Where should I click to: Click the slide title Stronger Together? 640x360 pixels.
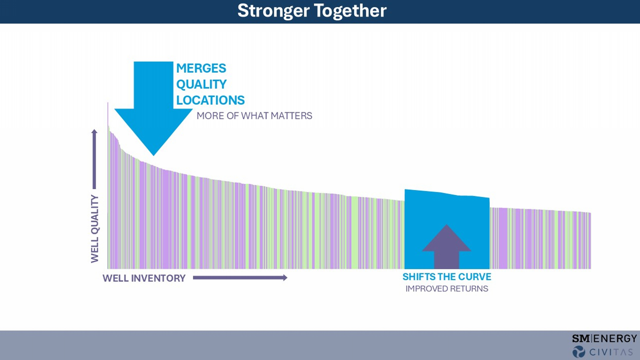[x=312, y=11]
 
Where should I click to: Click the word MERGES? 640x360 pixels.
[x=201, y=68]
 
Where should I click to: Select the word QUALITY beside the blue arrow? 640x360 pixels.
[x=201, y=85]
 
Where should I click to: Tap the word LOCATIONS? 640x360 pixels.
[x=210, y=100]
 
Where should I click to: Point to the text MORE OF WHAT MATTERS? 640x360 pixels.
[x=254, y=116]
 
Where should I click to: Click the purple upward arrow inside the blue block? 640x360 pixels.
[x=446, y=246]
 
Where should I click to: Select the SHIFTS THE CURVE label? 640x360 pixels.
[x=447, y=277]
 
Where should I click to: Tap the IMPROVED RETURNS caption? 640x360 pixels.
[x=447, y=289]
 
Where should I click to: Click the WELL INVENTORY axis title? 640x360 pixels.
[x=144, y=278]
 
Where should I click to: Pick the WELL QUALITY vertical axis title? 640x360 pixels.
[x=95, y=229]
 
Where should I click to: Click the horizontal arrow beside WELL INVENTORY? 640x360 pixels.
[x=240, y=278]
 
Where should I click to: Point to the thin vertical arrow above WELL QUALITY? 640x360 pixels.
[x=95, y=159]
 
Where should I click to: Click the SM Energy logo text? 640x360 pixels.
[x=604, y=339]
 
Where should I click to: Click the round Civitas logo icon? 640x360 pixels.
[x=578, y=352]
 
